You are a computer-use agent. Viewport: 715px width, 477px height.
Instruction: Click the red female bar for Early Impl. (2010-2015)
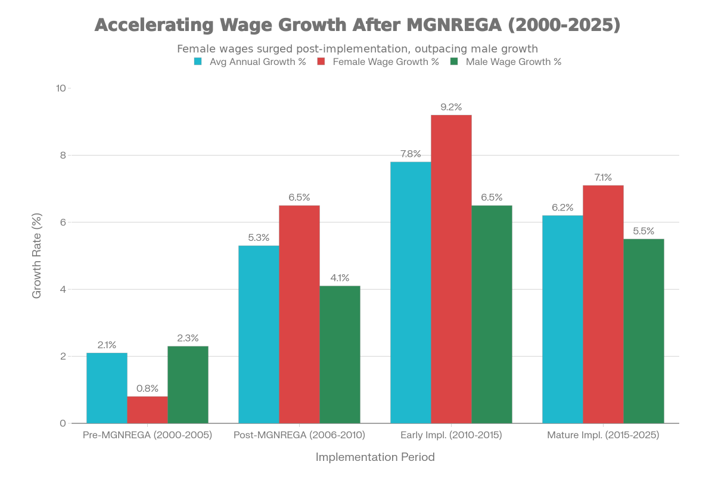(451, 268)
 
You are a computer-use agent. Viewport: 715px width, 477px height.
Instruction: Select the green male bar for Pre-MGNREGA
(188, 385)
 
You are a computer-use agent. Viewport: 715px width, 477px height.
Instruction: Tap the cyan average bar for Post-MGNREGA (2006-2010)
(259, 334)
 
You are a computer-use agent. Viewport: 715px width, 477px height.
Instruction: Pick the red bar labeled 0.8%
(147, 410)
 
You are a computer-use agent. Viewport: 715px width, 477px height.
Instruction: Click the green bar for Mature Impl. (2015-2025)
(643, 331)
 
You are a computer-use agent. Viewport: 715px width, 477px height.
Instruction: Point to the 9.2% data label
(451, 107)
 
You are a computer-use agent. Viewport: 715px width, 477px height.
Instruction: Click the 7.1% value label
(603, 177)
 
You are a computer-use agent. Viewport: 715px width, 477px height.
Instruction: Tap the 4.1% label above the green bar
(340, 278)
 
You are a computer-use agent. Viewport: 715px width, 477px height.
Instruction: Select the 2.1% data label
(107, 345)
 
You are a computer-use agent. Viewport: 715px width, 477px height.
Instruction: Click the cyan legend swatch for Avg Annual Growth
(198, 61)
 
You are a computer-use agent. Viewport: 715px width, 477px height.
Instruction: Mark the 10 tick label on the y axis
(61, 88)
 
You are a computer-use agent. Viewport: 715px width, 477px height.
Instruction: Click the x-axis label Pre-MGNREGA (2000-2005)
(147, 435)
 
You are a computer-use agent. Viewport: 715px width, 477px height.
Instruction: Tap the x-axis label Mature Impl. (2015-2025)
(603, 435)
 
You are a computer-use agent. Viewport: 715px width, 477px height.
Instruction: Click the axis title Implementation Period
(375, 457)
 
